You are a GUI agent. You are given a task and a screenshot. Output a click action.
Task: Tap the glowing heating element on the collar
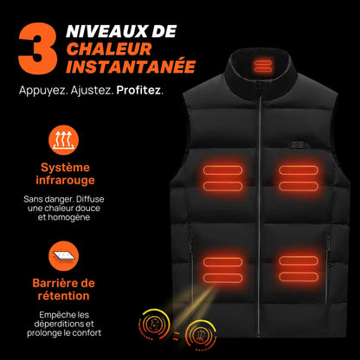tap(260, 65)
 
